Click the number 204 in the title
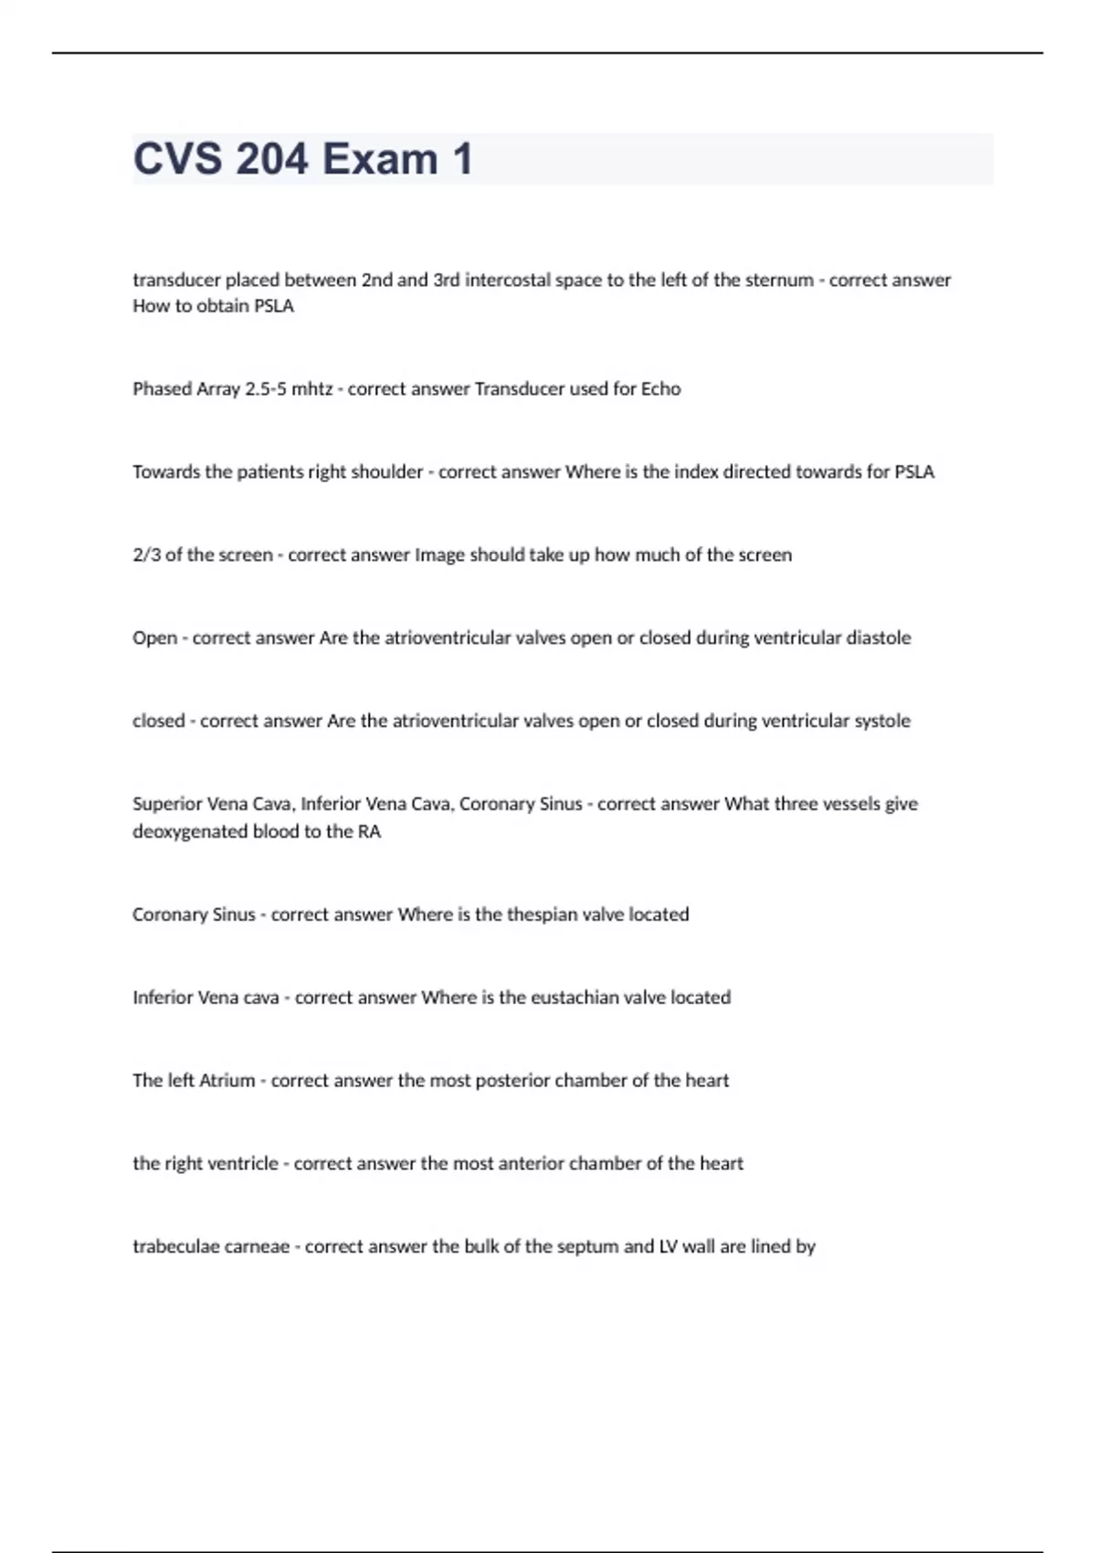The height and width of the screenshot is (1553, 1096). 272,159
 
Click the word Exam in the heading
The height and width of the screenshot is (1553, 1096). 380,159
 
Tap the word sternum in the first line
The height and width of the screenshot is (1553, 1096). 779,280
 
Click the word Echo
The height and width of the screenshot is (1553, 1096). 660,389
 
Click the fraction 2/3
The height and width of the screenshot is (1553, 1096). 146,555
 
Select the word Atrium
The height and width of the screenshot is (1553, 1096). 227,1081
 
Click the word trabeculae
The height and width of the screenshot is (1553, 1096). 172,1247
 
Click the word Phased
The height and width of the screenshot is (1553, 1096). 161,389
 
